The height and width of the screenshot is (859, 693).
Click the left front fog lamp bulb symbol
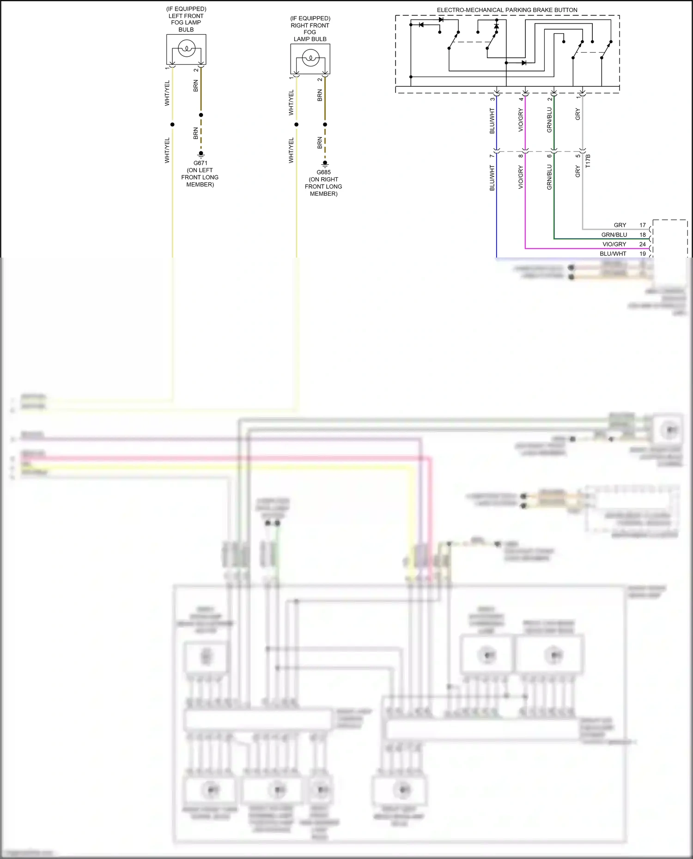pos(187,48)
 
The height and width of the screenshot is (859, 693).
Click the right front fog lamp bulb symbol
pos(310,58)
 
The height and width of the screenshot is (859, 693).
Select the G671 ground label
pos(200,163)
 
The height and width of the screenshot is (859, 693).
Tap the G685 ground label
pos(323,172)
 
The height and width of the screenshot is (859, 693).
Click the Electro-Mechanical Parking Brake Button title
pos(507,10)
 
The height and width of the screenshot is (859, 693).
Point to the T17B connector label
pos(588,161)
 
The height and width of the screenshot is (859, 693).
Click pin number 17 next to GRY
pos(642,225)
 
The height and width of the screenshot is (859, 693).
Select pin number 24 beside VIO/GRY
pos(642,244)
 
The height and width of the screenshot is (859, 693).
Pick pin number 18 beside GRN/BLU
pos(642,235)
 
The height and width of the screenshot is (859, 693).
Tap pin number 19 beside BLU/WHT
pos(642,254)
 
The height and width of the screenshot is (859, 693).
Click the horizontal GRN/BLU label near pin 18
pos(614,235)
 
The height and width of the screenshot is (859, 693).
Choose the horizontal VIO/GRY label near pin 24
pos(614,244)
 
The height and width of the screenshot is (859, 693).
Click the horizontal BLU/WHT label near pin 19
pos(613,254)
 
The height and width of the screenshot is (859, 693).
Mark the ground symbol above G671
pos(201,154)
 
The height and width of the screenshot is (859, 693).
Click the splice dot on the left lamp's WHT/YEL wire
pos(172,124)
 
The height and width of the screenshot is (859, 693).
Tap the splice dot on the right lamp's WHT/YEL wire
pos(296,124)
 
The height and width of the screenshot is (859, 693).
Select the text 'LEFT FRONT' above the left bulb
pos(186,16)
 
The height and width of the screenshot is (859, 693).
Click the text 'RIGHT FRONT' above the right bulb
pos(310,25)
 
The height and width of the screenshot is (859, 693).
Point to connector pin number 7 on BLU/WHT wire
pos(492,156)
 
